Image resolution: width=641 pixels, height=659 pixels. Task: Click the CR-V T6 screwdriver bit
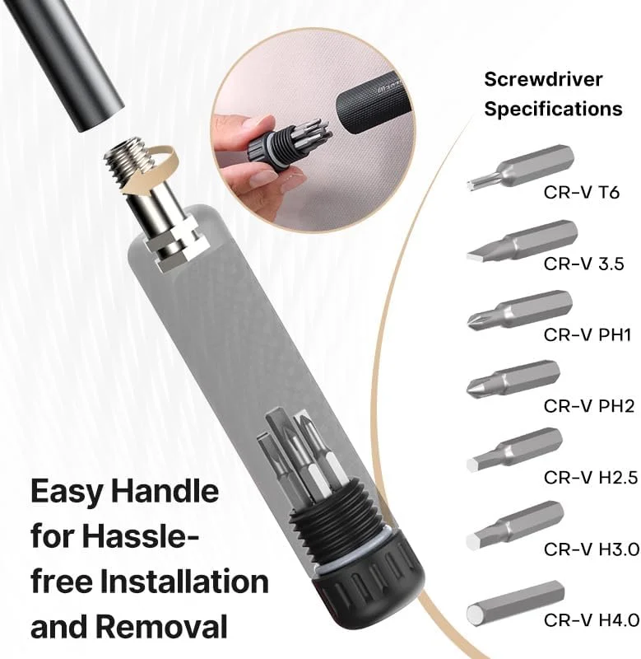(521, 169)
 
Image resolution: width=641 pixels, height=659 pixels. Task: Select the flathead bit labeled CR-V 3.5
(523, 240)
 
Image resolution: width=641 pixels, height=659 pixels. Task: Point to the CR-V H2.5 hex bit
(514, 449)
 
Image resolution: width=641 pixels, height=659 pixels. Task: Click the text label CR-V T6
(582, 193)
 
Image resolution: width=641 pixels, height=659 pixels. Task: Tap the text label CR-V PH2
(589, 406)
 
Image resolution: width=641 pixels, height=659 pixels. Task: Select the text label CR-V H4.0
(592, 620)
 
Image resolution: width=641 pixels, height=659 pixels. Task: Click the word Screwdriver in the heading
(543, 79)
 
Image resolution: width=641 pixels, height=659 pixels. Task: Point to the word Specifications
(553, 110)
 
